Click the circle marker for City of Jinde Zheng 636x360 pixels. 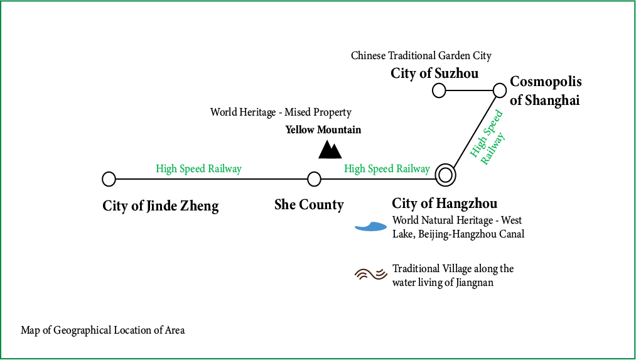coord(109,179)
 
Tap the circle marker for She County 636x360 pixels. coord(315,179)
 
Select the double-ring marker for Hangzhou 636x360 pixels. coord(446,175)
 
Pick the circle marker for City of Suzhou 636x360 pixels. coord(439,90)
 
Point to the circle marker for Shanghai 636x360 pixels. coord(500,90)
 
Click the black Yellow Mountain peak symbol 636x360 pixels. coord(330,150)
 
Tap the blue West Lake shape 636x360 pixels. coord(370,227)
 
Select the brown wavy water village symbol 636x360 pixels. coord(370,274)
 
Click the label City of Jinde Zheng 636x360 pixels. coord(161,205)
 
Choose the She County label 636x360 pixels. coord(309,205)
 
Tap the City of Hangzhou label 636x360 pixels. coord(445,204)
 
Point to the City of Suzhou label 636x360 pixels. coord(434,74)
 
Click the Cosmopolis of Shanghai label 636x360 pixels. coord(545,91)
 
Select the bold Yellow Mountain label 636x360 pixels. coord(323,130)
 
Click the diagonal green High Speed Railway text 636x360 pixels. coord(488,139)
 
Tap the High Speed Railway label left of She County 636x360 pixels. coord(198,168)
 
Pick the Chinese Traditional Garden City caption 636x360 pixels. coord(421,56)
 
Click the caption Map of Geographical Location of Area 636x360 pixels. coord(103,330)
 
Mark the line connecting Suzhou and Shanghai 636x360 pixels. coord(469,90)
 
